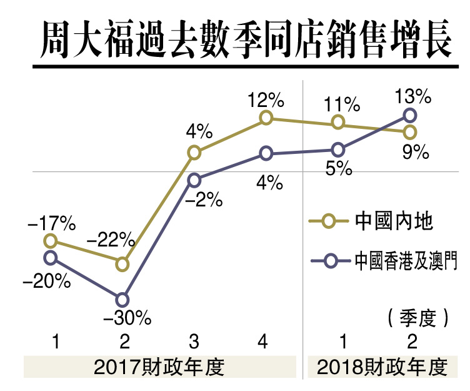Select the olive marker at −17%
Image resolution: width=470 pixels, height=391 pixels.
click(52, 241)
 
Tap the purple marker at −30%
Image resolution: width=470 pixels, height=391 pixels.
click(122, 300)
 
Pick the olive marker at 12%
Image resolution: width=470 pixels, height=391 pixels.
click(266, 118)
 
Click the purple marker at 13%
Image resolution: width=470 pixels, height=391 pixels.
click(410, 114)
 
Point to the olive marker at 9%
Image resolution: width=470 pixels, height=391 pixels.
click(410, 131)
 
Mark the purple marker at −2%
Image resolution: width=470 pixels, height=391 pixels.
click(194, 180)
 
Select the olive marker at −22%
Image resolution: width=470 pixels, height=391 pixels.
click(122, 264)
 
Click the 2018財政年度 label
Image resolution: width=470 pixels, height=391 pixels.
click(383, 367)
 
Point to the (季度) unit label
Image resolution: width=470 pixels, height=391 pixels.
click(418, 317)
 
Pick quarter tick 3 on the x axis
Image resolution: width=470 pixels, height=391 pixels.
click(194, 342)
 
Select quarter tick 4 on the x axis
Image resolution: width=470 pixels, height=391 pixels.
click(262, 342)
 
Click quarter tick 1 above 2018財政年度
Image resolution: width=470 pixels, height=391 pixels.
click(343, 342)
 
